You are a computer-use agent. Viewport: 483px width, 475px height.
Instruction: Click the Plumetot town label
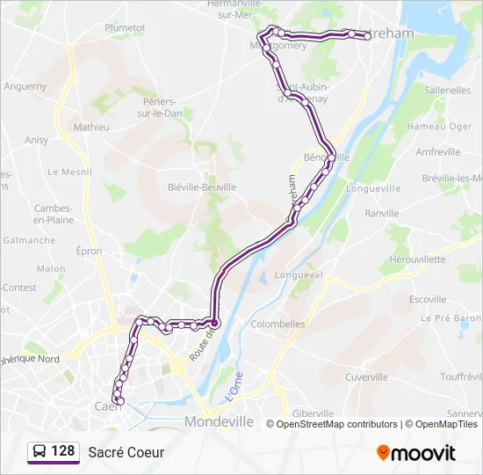125,27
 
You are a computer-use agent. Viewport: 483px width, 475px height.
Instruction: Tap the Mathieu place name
91,128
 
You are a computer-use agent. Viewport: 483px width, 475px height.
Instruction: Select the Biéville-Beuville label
202,187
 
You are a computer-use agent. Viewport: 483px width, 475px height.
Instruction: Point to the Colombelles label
278,324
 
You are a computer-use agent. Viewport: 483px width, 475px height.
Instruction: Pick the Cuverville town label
366,377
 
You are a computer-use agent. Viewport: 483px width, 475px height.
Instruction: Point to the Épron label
89,252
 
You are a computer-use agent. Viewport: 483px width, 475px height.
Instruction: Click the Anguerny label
25,87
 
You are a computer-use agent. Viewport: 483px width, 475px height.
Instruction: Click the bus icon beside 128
40,452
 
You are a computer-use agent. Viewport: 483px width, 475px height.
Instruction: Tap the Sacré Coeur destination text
126,453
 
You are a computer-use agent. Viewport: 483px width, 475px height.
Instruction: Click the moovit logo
416,453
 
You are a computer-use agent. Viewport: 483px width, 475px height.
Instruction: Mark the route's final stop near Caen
120,402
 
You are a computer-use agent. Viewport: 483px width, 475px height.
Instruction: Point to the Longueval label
299,274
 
